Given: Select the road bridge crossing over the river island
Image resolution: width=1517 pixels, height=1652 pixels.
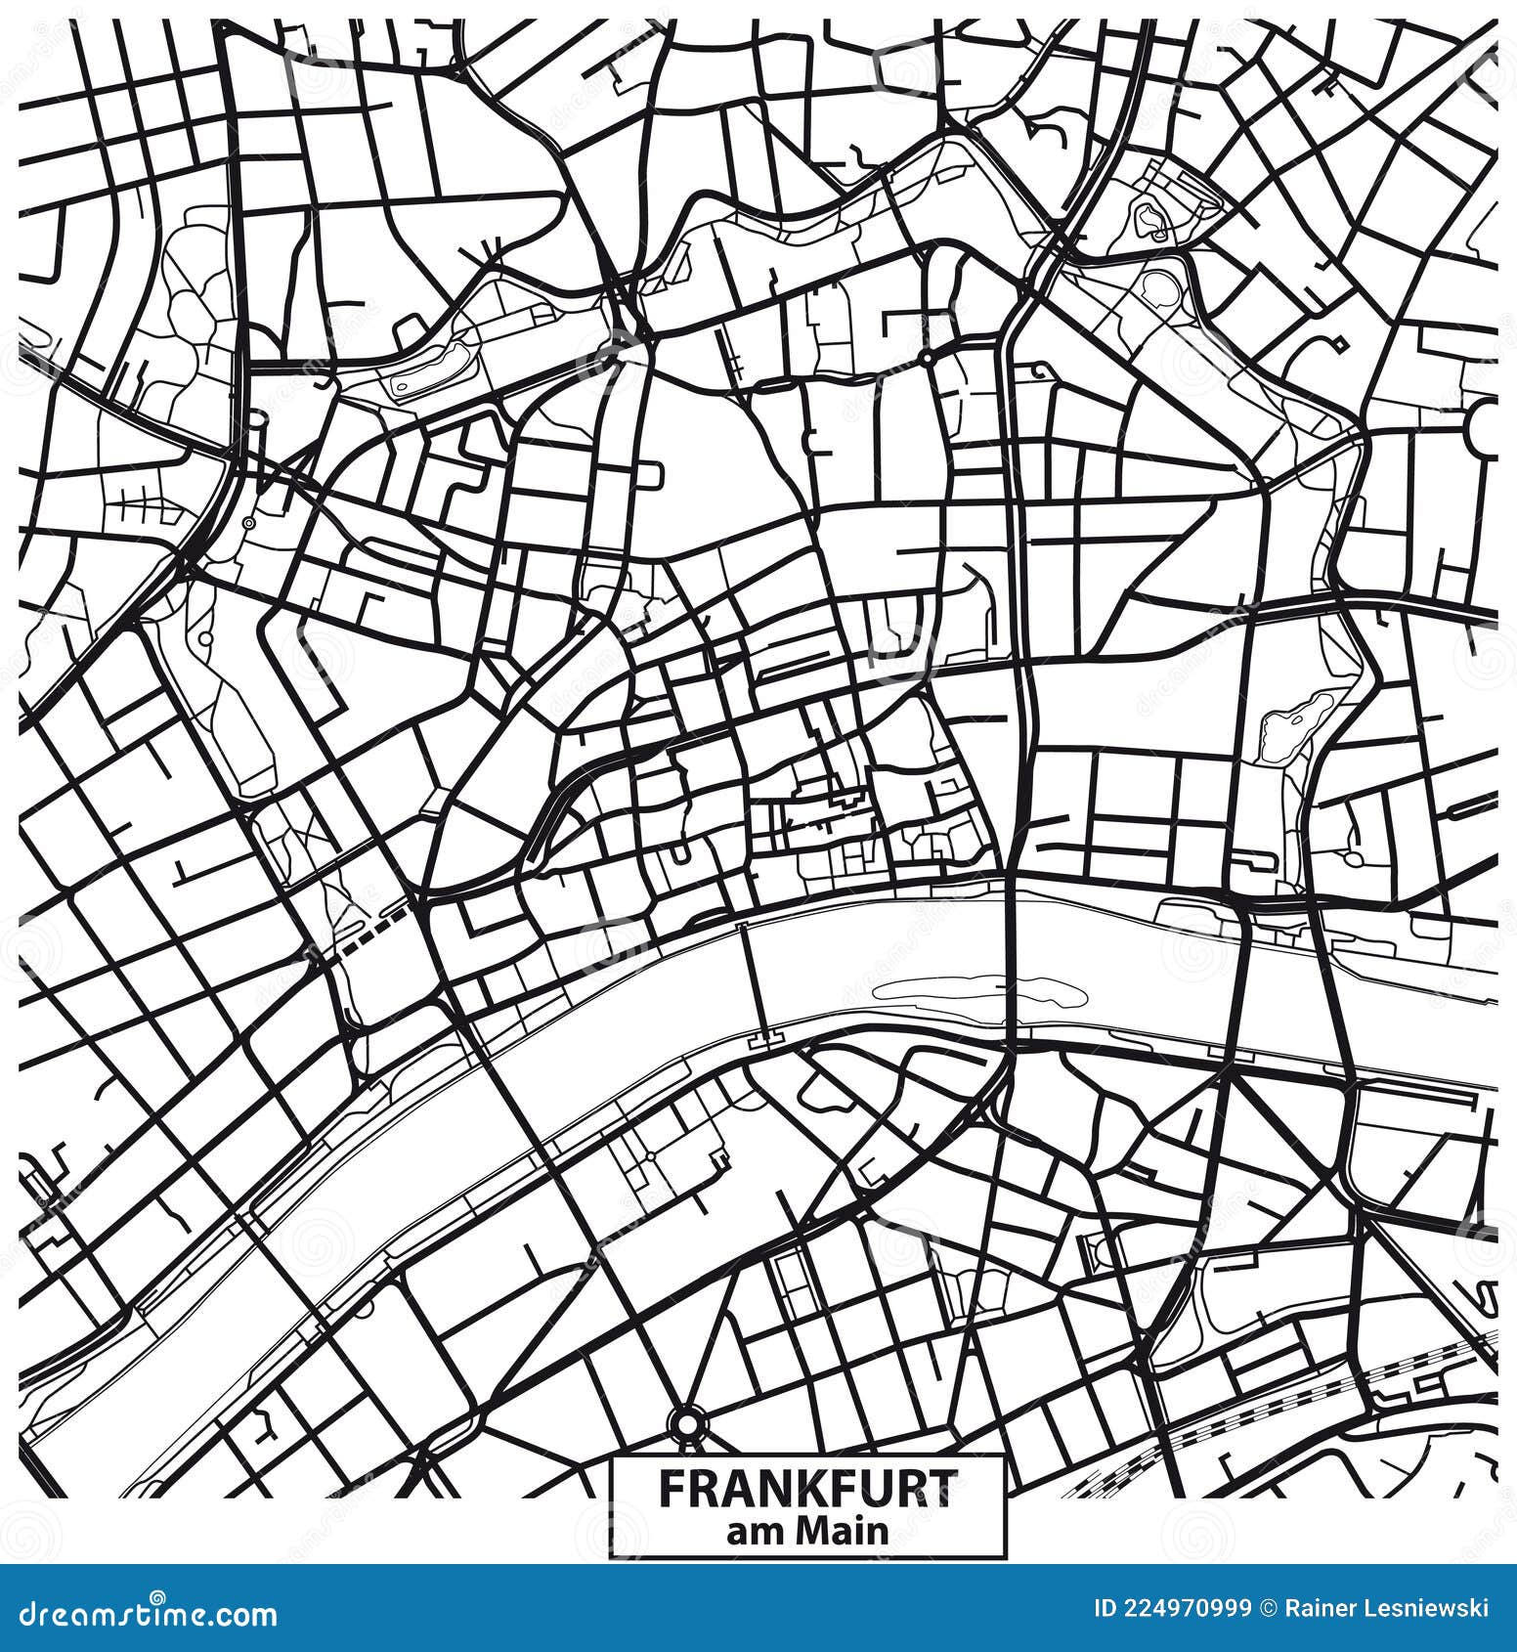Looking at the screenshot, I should click(x=1014, y=987).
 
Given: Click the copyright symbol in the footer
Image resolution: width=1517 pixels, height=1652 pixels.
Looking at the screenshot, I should click(x=1269, y=1610).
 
